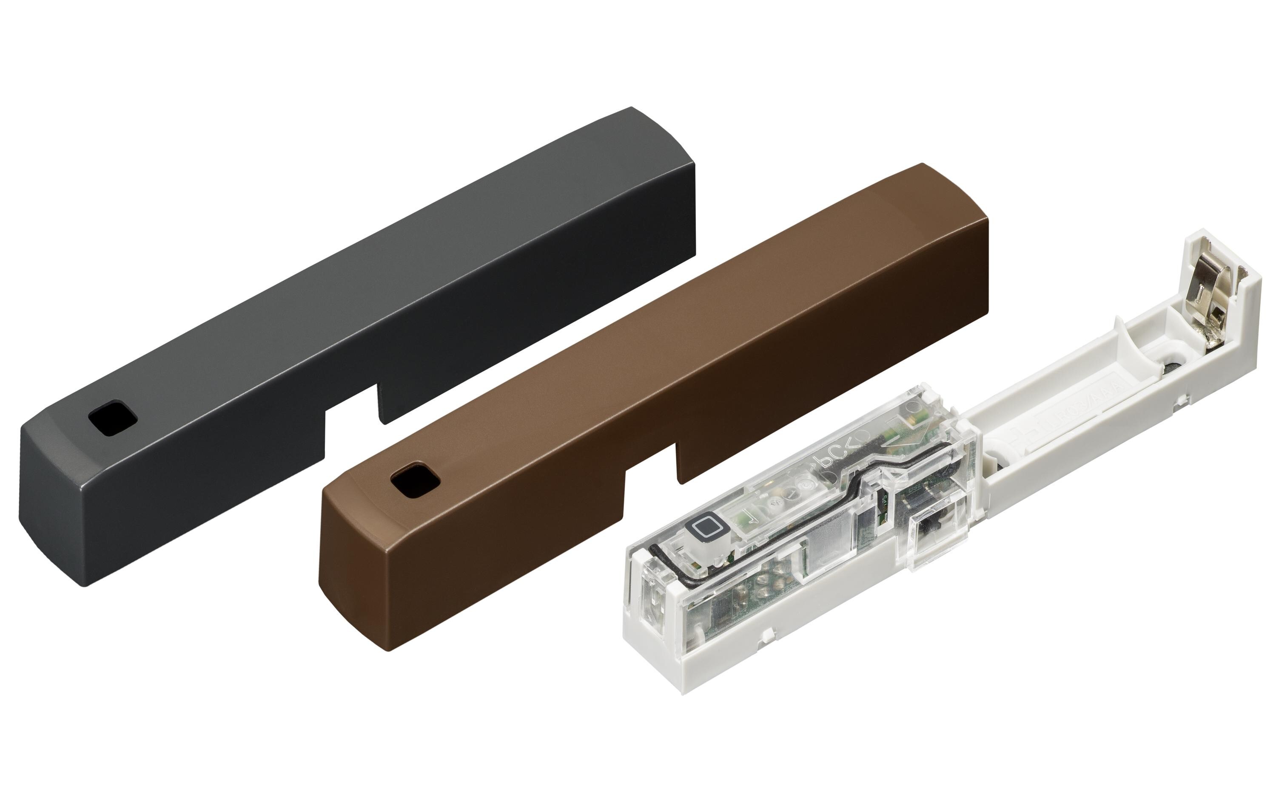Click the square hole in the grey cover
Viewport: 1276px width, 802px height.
112,421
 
